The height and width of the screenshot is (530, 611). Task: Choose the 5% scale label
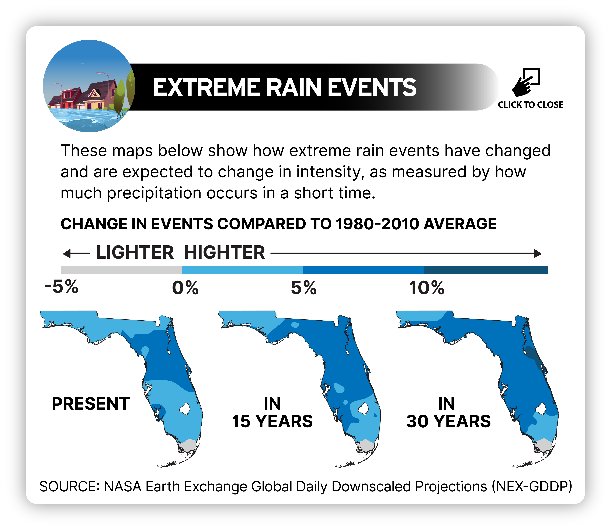pos(304,288)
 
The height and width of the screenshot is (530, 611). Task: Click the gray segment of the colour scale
pos(121,270)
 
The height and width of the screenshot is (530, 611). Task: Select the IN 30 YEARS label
pos(448,413)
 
